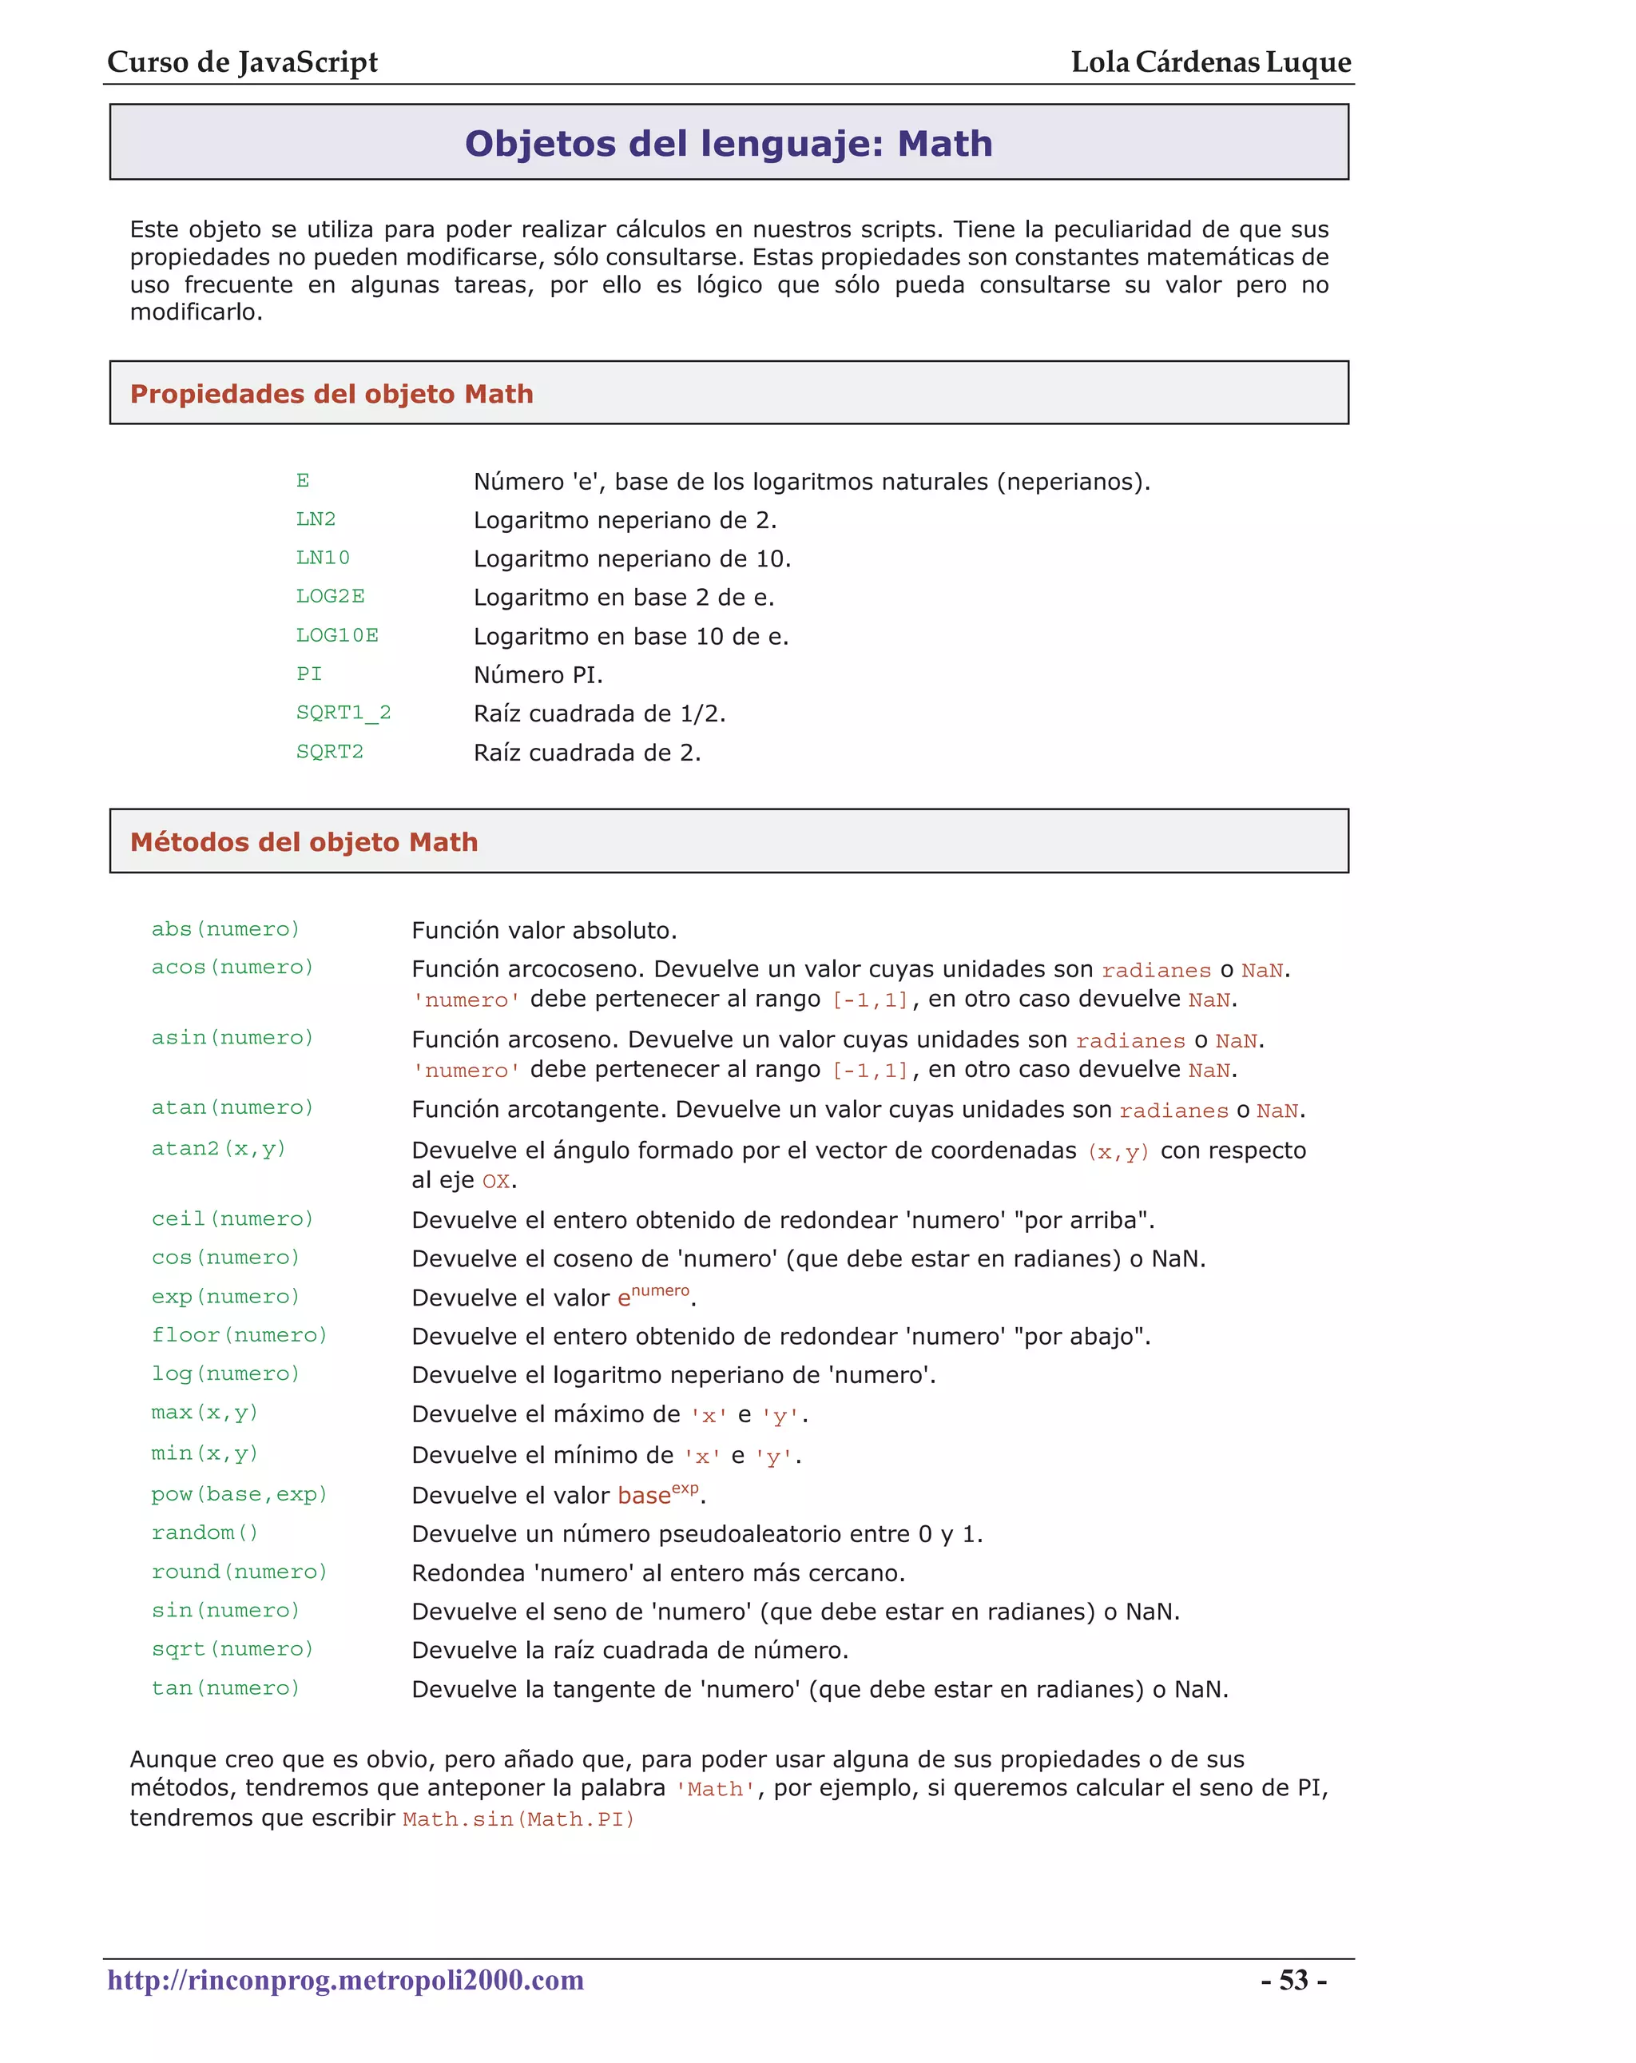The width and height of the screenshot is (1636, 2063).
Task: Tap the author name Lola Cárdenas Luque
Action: [x=1210, y=62]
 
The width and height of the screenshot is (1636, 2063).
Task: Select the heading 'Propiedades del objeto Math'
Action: [x=331, y=394]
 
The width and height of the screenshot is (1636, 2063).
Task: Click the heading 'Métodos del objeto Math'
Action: [x=304, y=842]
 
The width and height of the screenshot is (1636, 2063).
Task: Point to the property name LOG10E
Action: [x=337, y=635]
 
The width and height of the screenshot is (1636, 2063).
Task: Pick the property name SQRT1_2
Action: [x=343, y=713]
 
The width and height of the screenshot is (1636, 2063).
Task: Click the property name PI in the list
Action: [x=308, y=674]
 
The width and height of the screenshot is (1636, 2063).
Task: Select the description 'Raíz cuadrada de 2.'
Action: [x=586, y=753]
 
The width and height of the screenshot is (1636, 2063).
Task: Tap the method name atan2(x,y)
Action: [x=218, y=1148]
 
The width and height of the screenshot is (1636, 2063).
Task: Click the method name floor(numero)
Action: [x=239, y=1335]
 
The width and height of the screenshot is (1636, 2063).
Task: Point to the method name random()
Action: [x=204, y=1533]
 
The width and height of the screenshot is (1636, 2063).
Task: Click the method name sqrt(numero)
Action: [x=232, y=1648]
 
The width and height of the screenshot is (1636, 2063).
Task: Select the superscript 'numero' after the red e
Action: [x=660, y=1291]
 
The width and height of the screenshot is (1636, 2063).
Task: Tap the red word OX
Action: [x=495, y=1182]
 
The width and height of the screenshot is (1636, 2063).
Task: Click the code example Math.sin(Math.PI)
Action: [x=518, y=1819]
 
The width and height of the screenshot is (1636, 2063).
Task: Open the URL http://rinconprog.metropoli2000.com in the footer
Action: [x=345, y=1980]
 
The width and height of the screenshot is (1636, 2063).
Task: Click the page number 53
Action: [x=1293, y=1980]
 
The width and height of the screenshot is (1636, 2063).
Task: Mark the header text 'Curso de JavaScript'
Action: [x=242, y=62]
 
